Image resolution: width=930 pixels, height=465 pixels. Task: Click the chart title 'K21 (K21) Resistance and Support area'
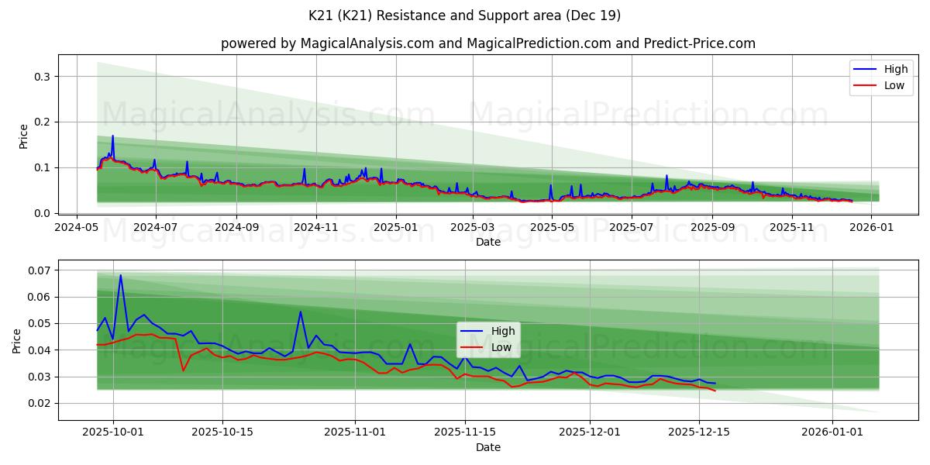pyautogui.click(x=465, y=15)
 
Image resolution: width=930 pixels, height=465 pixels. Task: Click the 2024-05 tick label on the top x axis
pyautogui.click(x=76, y=228)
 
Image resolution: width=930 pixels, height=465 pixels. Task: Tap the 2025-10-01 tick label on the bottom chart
pyautogui.click(x=113, y=432)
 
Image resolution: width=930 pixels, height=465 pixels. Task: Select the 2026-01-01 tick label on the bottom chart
pyautogui.click(x=832, y=432)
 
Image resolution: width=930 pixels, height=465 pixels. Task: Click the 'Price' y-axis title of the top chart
pyautogui.click(x=23, y=136)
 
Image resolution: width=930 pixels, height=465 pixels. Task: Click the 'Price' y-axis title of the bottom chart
pyautogui.click(x=17, y=340)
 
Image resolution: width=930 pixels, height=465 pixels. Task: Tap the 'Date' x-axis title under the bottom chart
pyautogui.click(x=488, y=447)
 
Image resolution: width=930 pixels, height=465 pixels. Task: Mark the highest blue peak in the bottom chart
pyautogui.click(x=120, y=275)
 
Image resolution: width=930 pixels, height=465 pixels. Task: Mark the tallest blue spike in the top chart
pyautogui.click(x=112, y=136)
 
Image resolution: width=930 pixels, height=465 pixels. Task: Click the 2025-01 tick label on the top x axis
pyautogui.click(x=396, y=228)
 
